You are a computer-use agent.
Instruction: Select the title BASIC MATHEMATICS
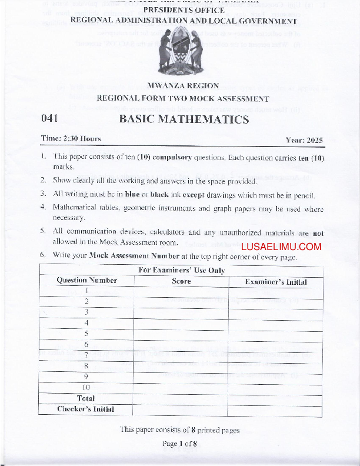pyautogui.click(x=184, y=119)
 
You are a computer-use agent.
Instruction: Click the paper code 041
pyautogui.click(x=49, y=119)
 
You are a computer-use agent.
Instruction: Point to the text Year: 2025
pyautogui.click(x=304, y=140)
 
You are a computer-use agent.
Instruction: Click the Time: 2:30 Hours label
pyautogui.click(x=71, y=139)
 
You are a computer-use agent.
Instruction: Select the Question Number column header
pyautogui.click(x=86, y=281)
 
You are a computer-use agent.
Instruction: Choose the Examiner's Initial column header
pyautogui.click(x=276, y=282)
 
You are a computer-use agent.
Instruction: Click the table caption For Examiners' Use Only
pyautogui.click(x=181, y=270)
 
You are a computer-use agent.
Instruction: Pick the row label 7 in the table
pyautogui.click(x=86, y=355)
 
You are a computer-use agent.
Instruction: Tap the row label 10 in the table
pyautogui.click(x=86, y=387)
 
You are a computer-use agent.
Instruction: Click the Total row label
pyautogui.click(x=86, y=398)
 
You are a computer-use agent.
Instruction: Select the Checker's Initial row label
pyautogui.click(x=86, y=409)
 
